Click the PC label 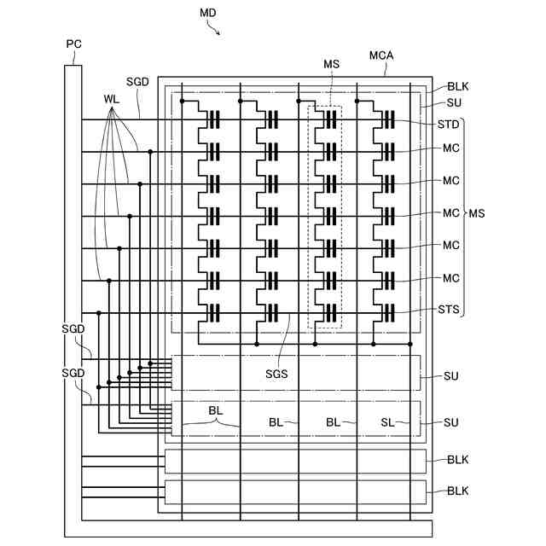click(x=74, y=44)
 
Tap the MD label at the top click(x=208, y=13)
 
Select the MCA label click(x=381, y=56)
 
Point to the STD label click(x=449, y=124)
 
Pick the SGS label click(x=277, y=373)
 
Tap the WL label click(x=111, y=99)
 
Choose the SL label click(x=388, y=422)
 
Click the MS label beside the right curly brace click(x=477, y=213)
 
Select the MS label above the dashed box click(x=332, y=64)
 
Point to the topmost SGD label click(x=137, y=82)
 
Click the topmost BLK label click(x=458, y=87)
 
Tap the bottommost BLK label click(x=458, y=491)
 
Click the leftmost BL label click(x=216, y=411)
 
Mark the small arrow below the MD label click(x=217, y=31)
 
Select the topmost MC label click(x=451, y=148)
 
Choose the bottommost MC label click(x=451, y=278)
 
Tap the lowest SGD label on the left click(x=73, y=374)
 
